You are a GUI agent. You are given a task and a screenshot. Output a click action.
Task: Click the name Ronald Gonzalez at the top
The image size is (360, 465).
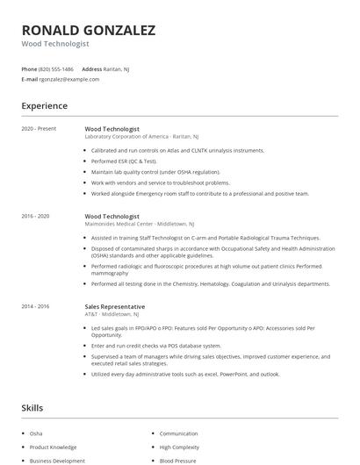89,30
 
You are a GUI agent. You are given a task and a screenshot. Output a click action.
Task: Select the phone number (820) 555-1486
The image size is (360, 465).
56,68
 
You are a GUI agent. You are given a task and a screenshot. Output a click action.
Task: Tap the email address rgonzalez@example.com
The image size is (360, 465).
69,79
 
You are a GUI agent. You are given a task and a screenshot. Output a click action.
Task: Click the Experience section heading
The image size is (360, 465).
45,106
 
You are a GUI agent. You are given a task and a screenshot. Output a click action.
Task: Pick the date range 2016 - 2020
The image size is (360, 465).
35,215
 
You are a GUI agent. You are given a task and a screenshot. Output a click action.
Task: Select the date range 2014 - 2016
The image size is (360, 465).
35,306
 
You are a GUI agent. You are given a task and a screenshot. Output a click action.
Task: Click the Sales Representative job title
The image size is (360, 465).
115,306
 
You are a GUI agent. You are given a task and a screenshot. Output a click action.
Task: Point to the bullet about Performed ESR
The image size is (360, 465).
124,161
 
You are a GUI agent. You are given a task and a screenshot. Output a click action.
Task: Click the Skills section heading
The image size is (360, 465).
32,408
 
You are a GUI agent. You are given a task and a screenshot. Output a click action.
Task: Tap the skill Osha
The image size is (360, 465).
36,433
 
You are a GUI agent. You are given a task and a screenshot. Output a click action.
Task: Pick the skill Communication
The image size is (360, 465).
179,433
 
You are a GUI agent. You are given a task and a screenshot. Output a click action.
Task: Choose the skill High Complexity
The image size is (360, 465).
180,447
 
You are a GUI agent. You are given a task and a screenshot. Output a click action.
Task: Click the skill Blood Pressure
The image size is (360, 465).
178,460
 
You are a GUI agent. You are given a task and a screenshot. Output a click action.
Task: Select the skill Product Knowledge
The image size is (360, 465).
54,447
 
